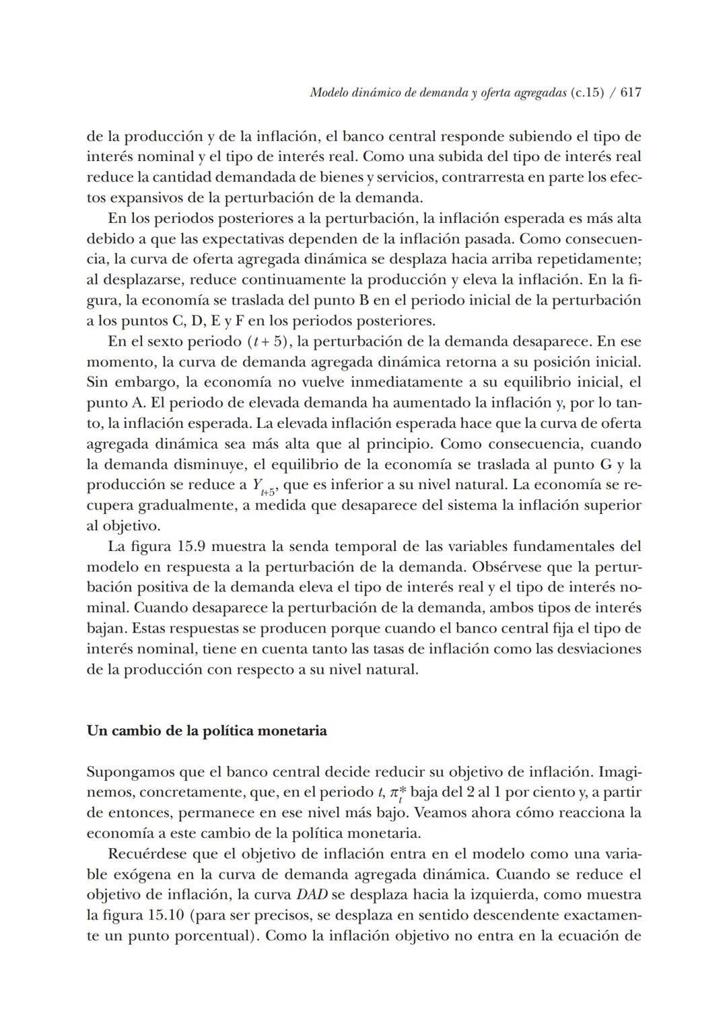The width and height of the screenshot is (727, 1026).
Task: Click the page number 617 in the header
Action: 630,94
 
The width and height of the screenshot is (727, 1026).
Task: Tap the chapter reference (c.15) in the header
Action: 587,94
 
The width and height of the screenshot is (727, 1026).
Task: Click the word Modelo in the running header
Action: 328,94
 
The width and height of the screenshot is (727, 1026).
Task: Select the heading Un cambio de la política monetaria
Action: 207,731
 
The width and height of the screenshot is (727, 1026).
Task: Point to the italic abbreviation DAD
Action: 309,895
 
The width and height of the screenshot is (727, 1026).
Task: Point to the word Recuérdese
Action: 147,854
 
